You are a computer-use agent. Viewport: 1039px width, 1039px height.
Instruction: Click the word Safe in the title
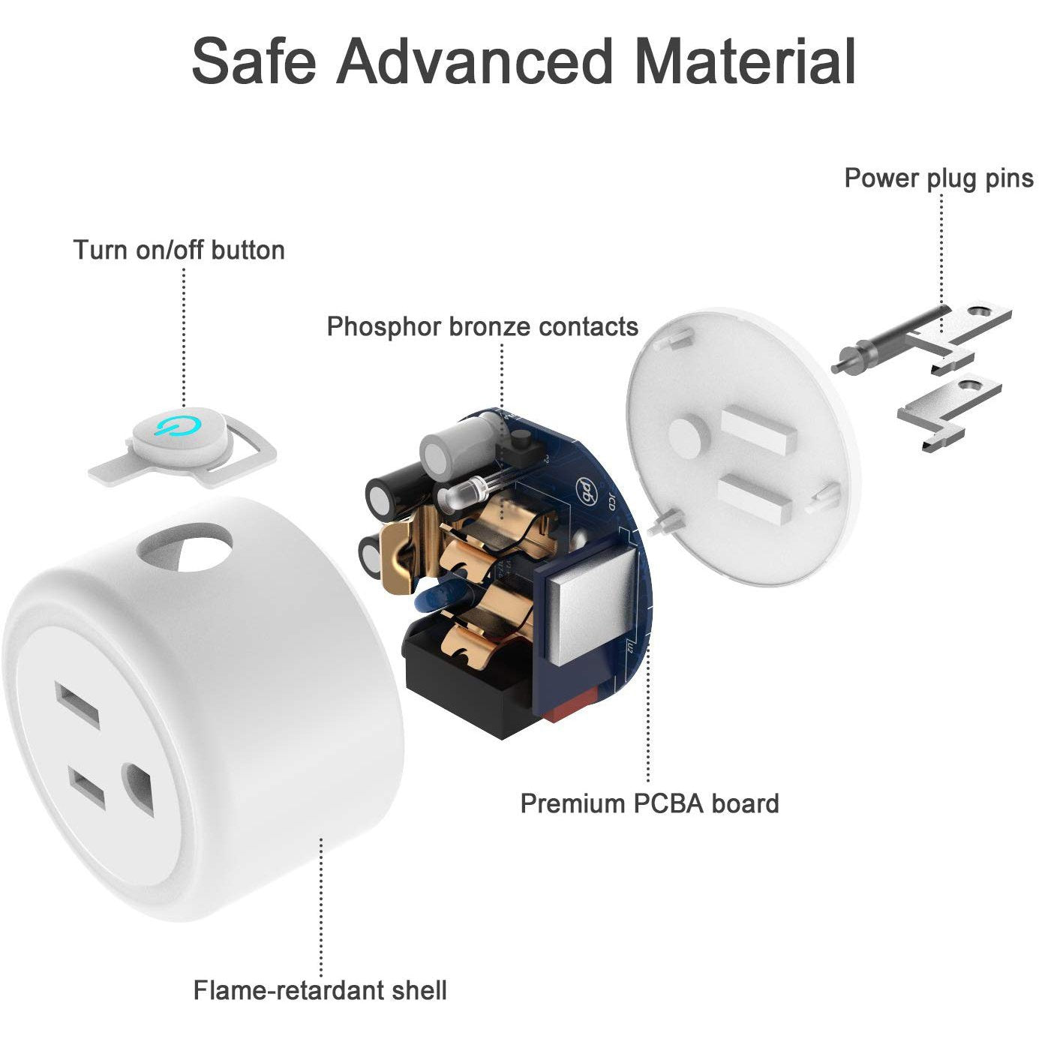point(254,60)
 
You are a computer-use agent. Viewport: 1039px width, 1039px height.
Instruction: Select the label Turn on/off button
point(179,250)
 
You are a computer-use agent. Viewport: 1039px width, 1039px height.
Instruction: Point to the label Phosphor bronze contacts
point(482,327)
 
